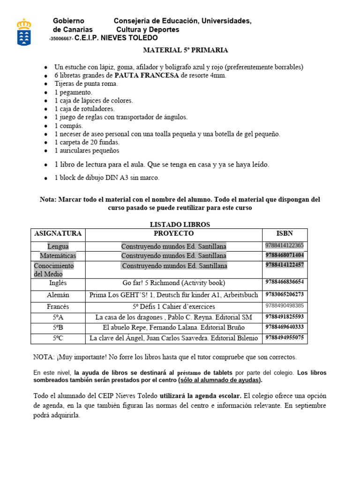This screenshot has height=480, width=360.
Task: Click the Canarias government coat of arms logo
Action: (24, 31)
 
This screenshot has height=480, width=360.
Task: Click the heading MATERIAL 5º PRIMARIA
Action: (185, 50)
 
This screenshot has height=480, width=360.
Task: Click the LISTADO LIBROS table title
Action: (180, 225)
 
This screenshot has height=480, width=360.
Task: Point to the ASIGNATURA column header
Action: (58, 233)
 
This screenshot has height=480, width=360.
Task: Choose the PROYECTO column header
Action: (173, 233)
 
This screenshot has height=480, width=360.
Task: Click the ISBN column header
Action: (285, 233)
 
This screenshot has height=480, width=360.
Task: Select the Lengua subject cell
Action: (58, 246)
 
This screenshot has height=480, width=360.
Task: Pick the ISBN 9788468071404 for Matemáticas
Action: (285, 255)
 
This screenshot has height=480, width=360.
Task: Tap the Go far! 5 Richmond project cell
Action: (173, 283)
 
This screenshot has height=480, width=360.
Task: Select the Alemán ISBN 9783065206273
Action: (285, 294)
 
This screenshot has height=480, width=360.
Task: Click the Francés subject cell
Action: (58, 306)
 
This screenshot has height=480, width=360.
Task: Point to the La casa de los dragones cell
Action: (173, 317)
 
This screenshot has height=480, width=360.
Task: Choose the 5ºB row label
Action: (58, 327)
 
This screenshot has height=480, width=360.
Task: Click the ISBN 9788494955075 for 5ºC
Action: (285, 337)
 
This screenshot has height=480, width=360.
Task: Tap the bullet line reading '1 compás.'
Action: (68, 126)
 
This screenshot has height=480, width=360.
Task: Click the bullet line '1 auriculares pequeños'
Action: (87, 150)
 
